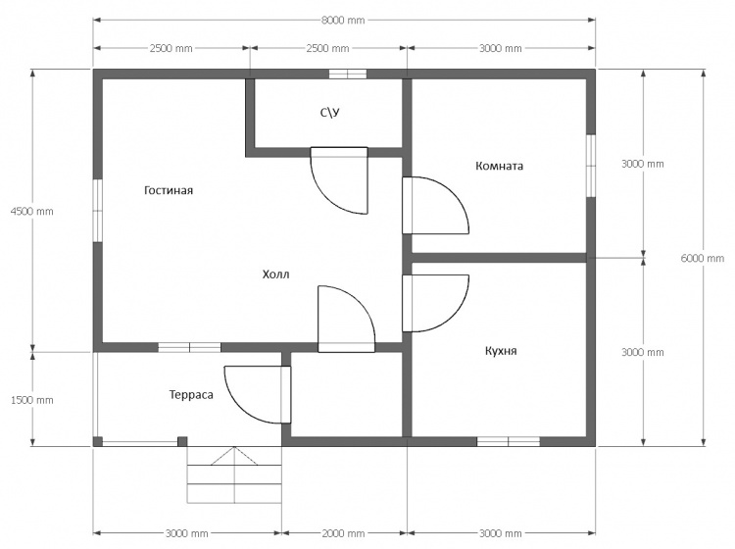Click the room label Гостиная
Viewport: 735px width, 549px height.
point(169,190)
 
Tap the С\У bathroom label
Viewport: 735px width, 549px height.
point(330,113)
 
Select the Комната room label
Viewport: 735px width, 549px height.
point(499,166)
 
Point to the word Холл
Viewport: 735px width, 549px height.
point(275,274)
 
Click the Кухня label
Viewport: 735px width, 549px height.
point(501,351)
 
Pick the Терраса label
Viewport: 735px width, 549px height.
point(191,395)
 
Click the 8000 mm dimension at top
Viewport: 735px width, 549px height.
point(343,21)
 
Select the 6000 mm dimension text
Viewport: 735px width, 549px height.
point(703,258)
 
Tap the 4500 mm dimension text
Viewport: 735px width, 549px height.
point(32,211)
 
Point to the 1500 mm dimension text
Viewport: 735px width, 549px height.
point(32,400)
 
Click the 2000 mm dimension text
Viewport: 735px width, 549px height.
point(343,533)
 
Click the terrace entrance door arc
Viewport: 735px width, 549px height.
point(239,408)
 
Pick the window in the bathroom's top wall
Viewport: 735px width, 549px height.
point(347,74)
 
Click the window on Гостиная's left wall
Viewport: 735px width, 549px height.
point(97,211)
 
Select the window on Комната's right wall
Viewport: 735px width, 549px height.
point(591,166)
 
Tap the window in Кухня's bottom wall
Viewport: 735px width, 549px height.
point(508,441)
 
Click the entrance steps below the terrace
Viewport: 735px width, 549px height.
point(234,474)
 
